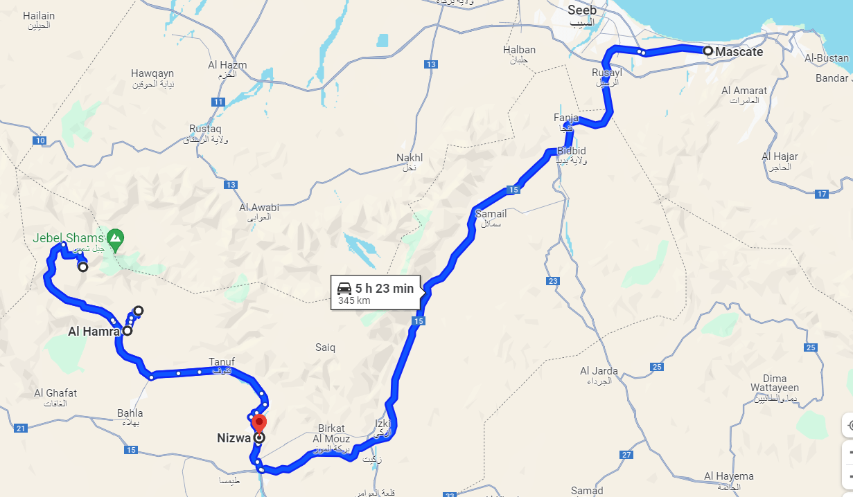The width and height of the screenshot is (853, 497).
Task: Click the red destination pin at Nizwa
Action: click(259, 422)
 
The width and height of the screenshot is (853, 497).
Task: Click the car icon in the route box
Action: click(344, 288)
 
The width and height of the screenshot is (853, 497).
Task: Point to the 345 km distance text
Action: click(354, 301)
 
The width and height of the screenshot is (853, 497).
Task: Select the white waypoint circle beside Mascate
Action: click(707, 51)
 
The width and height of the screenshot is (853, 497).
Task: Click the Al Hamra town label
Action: click(94, 332)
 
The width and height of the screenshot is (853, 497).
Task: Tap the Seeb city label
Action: click(581, 10)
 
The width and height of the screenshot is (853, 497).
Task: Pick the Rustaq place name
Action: click(205, 129)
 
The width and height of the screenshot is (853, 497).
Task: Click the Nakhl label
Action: click(409, 158)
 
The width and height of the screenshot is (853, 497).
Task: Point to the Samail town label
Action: click(491, 214)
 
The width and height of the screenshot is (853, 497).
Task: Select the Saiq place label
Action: click(325, 347)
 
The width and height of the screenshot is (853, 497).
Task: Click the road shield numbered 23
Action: click(552, 281)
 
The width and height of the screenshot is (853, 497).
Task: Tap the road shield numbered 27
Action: click(626, 455)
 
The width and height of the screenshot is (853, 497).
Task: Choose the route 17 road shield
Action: click(822, 194)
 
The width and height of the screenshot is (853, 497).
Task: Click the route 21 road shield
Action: click(21, 428)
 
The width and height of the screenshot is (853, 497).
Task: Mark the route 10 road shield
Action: click(39, 141)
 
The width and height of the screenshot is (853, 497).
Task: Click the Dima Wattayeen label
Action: click(759, 383)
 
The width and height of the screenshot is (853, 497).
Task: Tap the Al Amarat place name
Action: click(744, 91)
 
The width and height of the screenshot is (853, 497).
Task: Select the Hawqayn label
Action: click(152, 73)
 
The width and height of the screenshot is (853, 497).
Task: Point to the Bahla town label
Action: click(130, 413)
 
